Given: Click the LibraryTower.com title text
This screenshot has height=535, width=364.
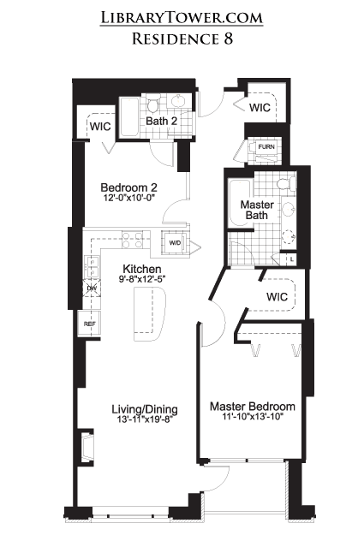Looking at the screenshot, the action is click(x=182, y=17).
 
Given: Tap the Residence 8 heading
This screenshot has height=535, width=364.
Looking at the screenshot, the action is click(x=182, y=39).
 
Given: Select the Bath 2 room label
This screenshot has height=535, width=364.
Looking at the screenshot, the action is click(x=161, y=121).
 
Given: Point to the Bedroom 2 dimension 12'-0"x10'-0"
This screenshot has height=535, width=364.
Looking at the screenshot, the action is click(x=129, y=198).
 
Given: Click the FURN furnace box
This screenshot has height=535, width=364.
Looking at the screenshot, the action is click(x=266, y=147).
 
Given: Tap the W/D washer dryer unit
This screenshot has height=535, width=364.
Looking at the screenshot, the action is click(x=175, y=243).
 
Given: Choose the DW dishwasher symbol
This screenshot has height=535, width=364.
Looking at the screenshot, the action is click(x=92, y=288).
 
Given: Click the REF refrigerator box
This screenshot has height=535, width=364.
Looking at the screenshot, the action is click(x=89, y=324).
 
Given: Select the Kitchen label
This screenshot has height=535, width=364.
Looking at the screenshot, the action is click(x=141, y=269).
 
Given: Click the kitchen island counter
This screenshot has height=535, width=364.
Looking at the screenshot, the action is click(x=150, y=314).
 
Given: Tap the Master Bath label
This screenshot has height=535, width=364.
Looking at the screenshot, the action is click(x=257, y=210).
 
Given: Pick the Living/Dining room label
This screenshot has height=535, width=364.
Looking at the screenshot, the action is click(x=145, y=409).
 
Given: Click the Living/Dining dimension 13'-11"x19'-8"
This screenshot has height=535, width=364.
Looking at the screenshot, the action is click(x=145, y=419).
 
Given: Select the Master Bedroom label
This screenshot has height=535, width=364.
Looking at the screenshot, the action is click(x=253, y=407).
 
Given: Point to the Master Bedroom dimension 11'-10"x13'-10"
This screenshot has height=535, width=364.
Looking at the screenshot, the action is click(x=253, y=417).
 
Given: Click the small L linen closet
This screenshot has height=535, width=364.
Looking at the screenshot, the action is click(x=291, y=259).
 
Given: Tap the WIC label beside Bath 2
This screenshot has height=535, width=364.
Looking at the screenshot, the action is click(x=100, y=126).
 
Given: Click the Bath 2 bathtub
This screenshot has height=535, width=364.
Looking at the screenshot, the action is click(x=129, y=117).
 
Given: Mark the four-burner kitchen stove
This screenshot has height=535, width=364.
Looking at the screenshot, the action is click(x=133, y=239).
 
